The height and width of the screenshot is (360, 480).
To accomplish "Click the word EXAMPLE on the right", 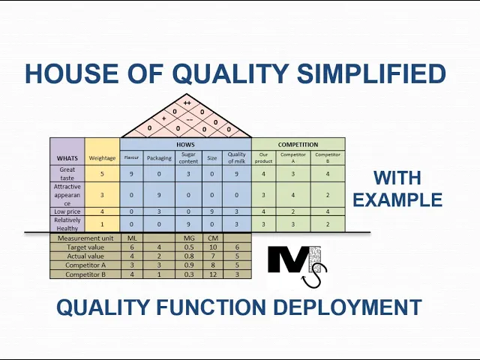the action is point(397,199).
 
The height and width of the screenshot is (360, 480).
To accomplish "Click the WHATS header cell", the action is point(67,158).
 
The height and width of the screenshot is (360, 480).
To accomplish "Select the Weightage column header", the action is point(102,158).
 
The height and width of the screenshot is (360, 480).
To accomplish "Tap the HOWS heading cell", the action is point(185,145).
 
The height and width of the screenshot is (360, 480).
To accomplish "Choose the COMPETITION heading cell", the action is point(298,145).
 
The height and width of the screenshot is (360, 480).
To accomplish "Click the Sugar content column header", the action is point(188,158).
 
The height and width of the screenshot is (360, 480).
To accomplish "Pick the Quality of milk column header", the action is point(236,158).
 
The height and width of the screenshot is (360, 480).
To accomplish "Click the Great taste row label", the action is point(67,174).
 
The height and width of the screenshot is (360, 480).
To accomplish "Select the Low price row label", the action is point(67,211).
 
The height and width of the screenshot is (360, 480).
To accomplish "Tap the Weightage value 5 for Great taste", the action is point(102,174).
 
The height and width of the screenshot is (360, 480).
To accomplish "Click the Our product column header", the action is point(263,158).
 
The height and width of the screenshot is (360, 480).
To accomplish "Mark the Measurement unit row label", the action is point(85,238).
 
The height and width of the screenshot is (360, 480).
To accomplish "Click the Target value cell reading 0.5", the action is point(188,247).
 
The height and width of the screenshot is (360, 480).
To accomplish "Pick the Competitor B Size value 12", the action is point(212,274).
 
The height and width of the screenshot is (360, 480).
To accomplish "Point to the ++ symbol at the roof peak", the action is point(187,103).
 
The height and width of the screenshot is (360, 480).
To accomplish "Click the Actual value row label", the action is point(85,256).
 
